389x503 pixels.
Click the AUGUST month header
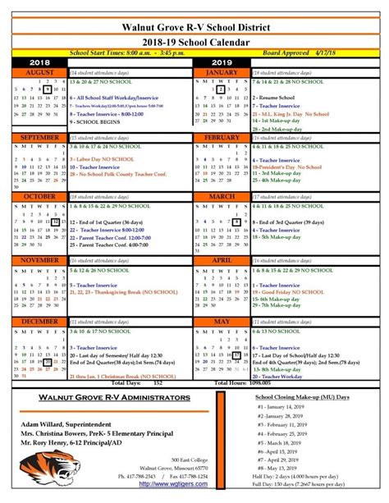click(x=39, y=72)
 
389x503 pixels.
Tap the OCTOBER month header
click(x=39, y=197)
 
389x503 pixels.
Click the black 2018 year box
click(x=39, y=62)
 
